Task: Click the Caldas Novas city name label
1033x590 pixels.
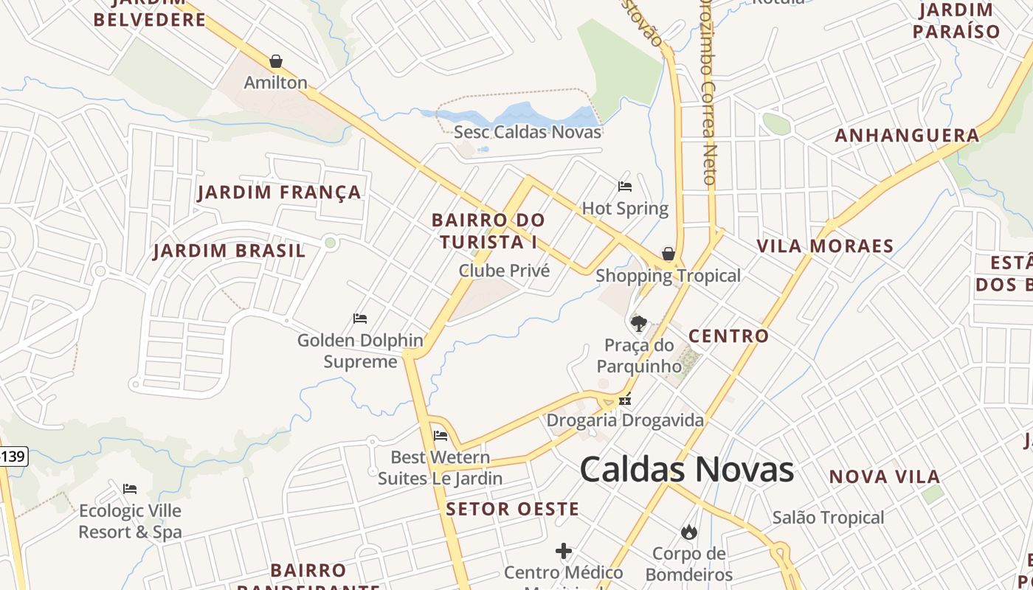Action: point(686,470)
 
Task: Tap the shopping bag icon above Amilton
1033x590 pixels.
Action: point(276,61)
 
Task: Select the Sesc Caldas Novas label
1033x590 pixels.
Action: point(527,132)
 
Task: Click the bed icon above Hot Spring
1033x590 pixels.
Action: point(625,187)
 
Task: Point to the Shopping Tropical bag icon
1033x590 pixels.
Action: point(668,254)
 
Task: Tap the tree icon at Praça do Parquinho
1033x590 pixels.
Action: point(638,323)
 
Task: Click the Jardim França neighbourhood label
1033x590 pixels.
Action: point(280,193)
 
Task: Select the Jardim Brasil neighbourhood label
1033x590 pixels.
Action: point(229,251)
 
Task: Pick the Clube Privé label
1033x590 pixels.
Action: point(504,271)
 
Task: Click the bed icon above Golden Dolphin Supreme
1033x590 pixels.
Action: point(360,319)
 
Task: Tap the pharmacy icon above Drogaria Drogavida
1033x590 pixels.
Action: point(625,401)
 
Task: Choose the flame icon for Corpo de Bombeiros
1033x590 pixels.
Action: point(689,532)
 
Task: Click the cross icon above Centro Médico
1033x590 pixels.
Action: point(564,551)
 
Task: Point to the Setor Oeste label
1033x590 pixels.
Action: point(512,509)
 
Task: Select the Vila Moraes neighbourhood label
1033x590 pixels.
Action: point(825,246)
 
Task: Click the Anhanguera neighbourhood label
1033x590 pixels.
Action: point(907,136)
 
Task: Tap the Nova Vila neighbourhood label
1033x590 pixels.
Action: point(884,477)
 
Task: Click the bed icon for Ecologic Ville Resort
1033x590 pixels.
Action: point(130,489)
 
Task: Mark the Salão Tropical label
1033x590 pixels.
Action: point(828,518)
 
